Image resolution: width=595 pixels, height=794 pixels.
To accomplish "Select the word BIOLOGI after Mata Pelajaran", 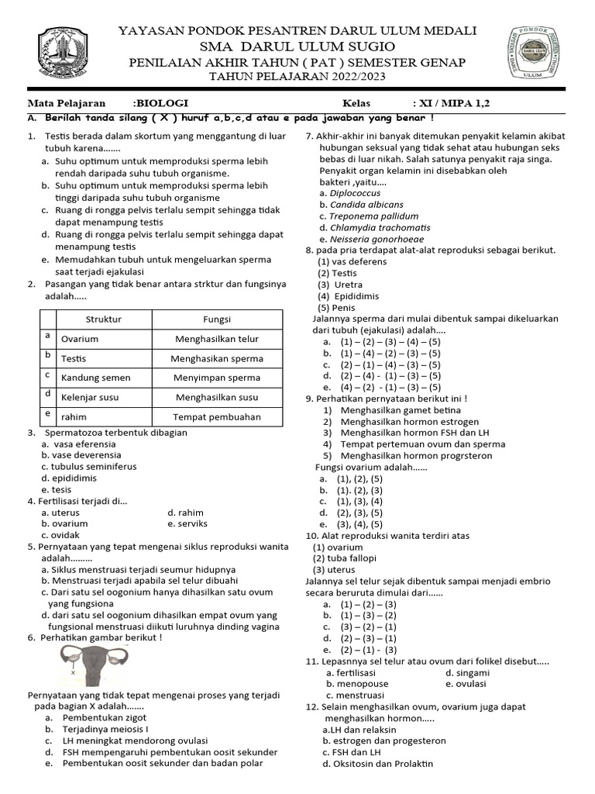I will click(162, 103).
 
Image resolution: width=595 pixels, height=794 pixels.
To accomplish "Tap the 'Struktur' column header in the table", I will click(103, 319).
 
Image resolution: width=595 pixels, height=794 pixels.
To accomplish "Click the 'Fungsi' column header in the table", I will click(217, 319).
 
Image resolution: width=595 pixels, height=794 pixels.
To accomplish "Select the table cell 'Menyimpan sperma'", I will click(217, 378).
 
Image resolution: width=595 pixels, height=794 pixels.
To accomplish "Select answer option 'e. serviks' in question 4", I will click(187, 524).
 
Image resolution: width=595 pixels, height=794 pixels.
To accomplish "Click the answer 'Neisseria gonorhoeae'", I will click(373, 240).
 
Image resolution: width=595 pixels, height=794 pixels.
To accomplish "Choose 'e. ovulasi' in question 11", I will click(466, 684).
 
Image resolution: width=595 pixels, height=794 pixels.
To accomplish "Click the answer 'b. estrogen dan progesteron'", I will click(383, 740).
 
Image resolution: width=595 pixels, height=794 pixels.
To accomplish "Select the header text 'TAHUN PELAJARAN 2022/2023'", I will click(297, 77).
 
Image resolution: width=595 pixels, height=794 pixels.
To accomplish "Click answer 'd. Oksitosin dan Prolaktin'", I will click(379, 764).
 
